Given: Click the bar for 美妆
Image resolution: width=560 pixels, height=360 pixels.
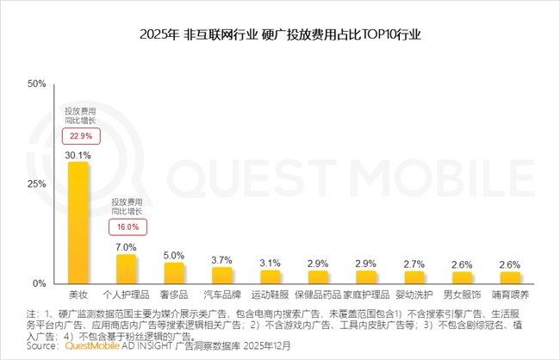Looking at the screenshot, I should (78, 223).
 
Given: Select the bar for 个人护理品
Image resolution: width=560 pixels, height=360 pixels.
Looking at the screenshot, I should (127, 269).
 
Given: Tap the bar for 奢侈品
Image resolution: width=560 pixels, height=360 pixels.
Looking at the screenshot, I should (174, 273).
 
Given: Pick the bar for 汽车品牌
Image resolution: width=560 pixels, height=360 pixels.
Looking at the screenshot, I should (222, 276).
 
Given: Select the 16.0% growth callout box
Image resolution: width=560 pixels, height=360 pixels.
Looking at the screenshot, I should (127, 227).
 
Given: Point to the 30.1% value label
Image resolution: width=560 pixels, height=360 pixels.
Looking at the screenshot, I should (78, 155).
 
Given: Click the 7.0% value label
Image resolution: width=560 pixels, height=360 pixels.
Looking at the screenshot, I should (127, 247).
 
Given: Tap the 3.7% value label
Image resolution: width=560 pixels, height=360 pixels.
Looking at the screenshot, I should (222, 259).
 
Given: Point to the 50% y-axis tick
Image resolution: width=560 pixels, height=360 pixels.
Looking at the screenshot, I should (36, 84).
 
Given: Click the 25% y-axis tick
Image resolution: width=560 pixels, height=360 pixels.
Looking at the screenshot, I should (36, 184).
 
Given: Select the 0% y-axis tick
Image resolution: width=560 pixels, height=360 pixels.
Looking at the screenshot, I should (40, 283).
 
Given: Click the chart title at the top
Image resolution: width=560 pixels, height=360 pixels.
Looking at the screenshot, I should (279, 36).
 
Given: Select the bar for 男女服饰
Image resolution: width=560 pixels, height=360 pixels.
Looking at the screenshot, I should (462, 277).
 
